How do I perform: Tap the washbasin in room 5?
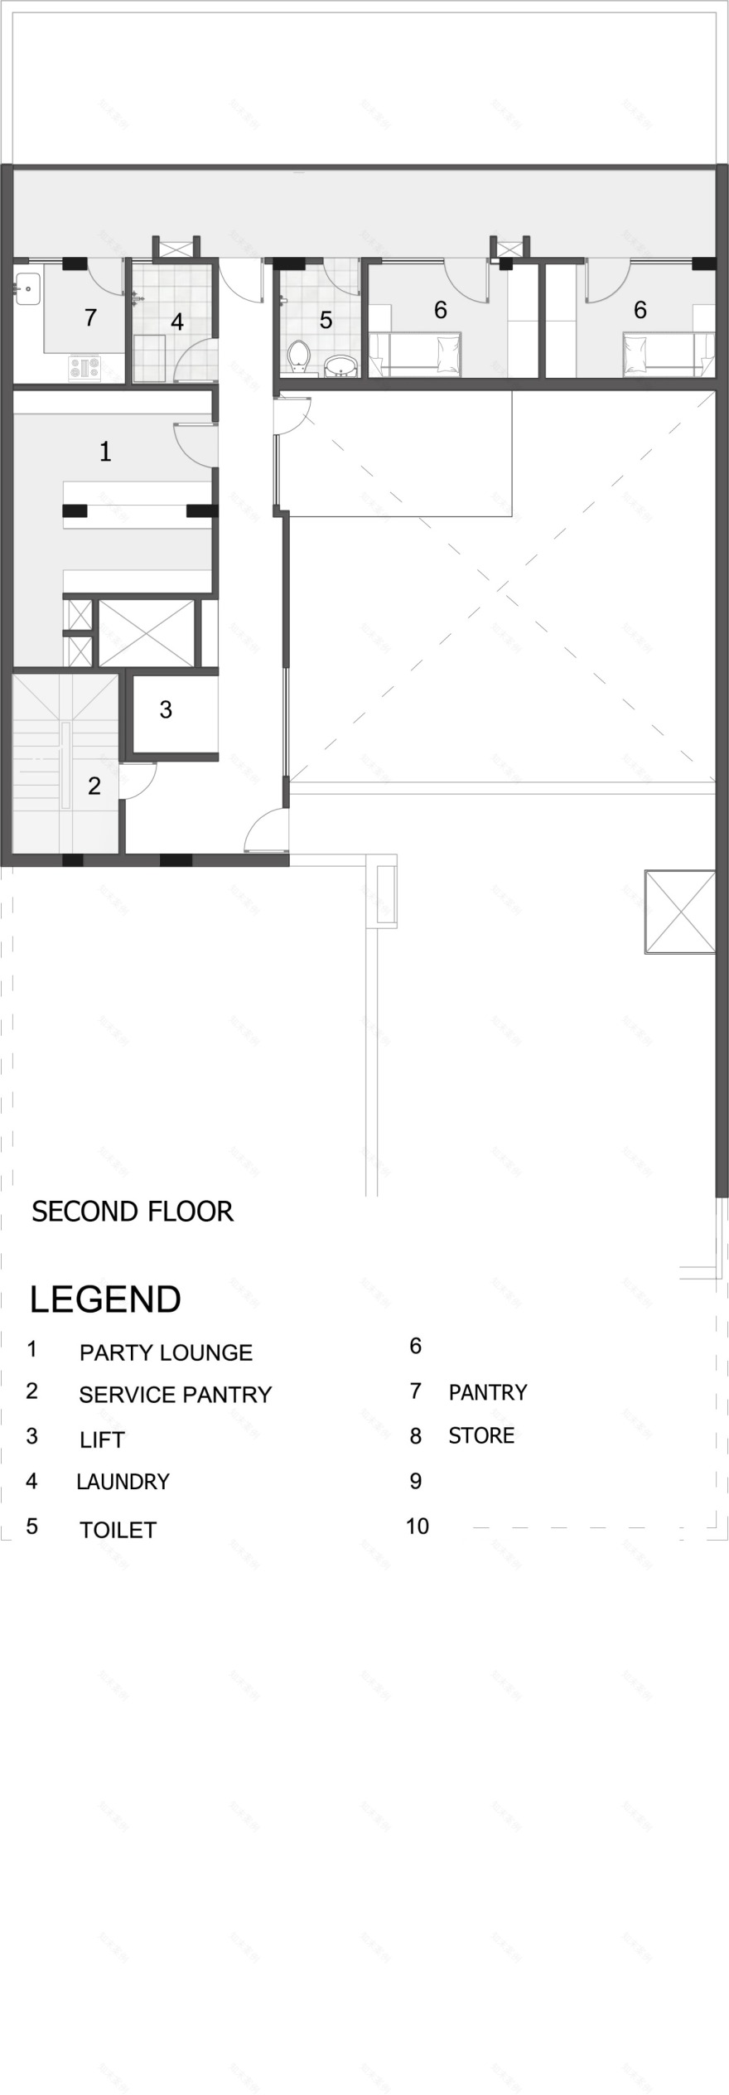coord(340,365)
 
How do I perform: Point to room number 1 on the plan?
coord(105,452)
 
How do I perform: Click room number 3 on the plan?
coord(166,709)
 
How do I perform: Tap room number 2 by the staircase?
coord(94,786)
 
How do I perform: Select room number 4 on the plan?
coord(177,322)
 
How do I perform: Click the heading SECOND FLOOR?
coord(133,1212)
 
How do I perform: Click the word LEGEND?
coord(105,1299)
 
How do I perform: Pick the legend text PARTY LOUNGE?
coord(166,1352)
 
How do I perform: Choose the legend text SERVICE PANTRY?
coord(175,1395)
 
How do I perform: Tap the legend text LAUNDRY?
coord(123,1481)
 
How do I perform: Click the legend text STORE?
coord(481,1435)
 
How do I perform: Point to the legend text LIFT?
coord(102,1439)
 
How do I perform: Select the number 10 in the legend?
coord(418,1526)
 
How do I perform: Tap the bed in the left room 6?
coord(414,350)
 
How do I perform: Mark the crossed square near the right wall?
coord(679,912)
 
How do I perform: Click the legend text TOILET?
coord(118,1530)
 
